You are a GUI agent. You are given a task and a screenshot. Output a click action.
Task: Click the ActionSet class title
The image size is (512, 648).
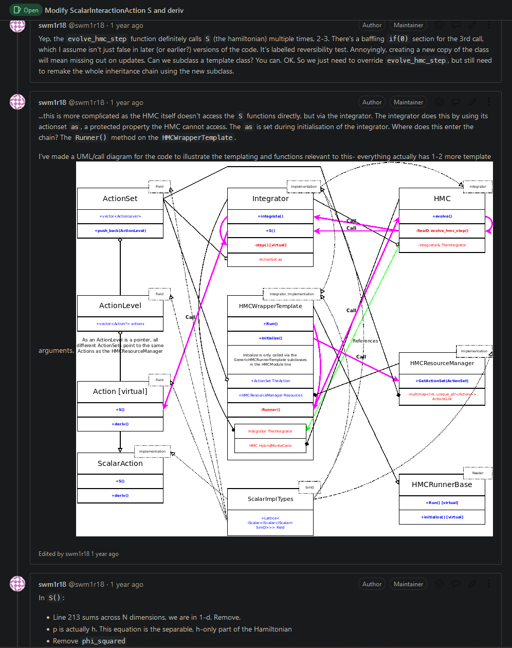(120, 199)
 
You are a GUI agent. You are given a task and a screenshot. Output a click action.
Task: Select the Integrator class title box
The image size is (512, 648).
(270, 199)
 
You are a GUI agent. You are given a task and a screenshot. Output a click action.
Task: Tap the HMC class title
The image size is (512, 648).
(442, 199)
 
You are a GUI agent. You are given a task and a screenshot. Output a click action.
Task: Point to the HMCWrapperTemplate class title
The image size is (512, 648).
(270, 306)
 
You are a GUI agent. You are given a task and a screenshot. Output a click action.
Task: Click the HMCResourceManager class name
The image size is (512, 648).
(442, 363)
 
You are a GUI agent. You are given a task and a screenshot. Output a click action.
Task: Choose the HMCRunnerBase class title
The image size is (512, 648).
(442, 484)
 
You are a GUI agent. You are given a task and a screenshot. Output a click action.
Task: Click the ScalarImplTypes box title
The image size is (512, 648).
(270, 499)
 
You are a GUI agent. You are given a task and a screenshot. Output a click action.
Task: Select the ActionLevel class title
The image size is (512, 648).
(120, 305)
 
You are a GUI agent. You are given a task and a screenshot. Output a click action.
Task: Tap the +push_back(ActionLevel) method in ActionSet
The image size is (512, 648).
(120, 231)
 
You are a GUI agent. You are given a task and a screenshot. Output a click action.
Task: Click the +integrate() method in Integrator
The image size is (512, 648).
(270, 217)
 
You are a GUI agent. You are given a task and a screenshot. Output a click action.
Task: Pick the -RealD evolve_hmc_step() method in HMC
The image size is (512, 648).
(442, 231)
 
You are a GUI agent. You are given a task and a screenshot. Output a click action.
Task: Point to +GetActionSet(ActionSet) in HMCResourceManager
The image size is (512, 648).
(442, 381)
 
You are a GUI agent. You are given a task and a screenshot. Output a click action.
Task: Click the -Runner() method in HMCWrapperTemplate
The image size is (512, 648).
(270, 409)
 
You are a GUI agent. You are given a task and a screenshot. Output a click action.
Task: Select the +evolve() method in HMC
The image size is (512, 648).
(442, 217)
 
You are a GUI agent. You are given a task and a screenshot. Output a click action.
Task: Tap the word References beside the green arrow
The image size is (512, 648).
(365, 341)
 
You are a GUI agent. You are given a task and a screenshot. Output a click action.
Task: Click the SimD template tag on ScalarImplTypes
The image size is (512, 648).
(309, 487)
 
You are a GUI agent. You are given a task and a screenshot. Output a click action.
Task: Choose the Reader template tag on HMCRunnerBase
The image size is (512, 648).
(478, 473)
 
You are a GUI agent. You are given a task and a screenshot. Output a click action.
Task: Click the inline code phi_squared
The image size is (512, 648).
(103, 641)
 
